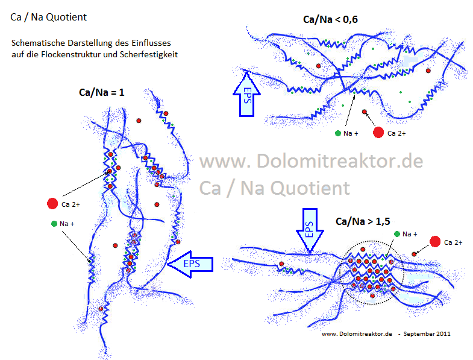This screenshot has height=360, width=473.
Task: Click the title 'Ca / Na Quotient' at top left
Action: pyautogui.click(x=49, y=17)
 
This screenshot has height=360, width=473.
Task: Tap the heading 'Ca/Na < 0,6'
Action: pyautogui.click(x=330, y=20)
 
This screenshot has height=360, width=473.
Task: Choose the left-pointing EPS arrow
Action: pyautogui.click(x=192, y=264)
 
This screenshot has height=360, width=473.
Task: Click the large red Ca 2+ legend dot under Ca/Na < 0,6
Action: pyautogui.click(x=378, y=132)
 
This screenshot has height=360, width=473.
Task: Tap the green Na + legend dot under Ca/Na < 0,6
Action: pyautogui.click(x=337, y=133)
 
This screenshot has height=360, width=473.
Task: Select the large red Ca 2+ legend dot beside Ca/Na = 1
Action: pyautogui.click(x=52, y=204)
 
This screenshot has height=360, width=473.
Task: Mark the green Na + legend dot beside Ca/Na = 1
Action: pyautogui.click(x=54, y=224)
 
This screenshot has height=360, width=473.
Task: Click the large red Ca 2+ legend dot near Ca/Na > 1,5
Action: pyautogui.click(x=433, y=242)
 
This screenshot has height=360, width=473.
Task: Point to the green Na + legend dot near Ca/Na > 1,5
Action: pyautogui.click(x=396, y=233)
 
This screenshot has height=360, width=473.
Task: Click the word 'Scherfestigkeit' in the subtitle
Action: pyautogui.click(x=152, y=54)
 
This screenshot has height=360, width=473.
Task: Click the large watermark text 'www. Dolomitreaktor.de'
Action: pyautogui.click(x=311, y=162)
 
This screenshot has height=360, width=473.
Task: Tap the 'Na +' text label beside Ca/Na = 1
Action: pyautogui.click(x=67, y=224)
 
